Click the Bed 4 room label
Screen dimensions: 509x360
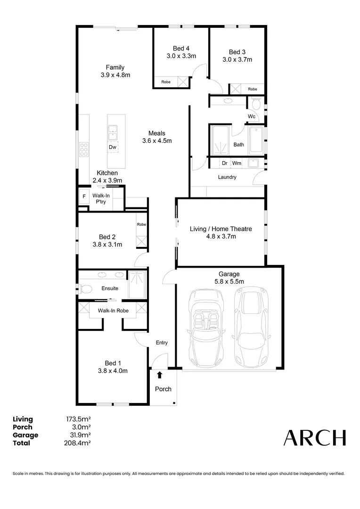(181, 49)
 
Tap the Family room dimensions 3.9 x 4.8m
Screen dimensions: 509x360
(115, 75)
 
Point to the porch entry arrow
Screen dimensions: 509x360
(159, 375)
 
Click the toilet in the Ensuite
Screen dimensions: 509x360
(85, 288)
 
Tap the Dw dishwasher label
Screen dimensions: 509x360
(113, 147)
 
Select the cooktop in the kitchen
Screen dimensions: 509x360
(84, 149)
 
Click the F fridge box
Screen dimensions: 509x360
(84, 196)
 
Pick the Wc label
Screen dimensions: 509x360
(252, 116)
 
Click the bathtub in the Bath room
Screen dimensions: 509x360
(256, 140)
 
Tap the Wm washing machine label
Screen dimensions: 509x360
(237, 163)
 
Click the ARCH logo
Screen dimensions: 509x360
(314, 437)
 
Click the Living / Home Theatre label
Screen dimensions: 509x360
(221, 229)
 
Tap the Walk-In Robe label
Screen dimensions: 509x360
(113, 311)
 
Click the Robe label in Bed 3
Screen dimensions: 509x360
(253, 89)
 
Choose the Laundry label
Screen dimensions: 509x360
(227, 177)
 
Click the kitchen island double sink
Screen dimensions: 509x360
(113, 132)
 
